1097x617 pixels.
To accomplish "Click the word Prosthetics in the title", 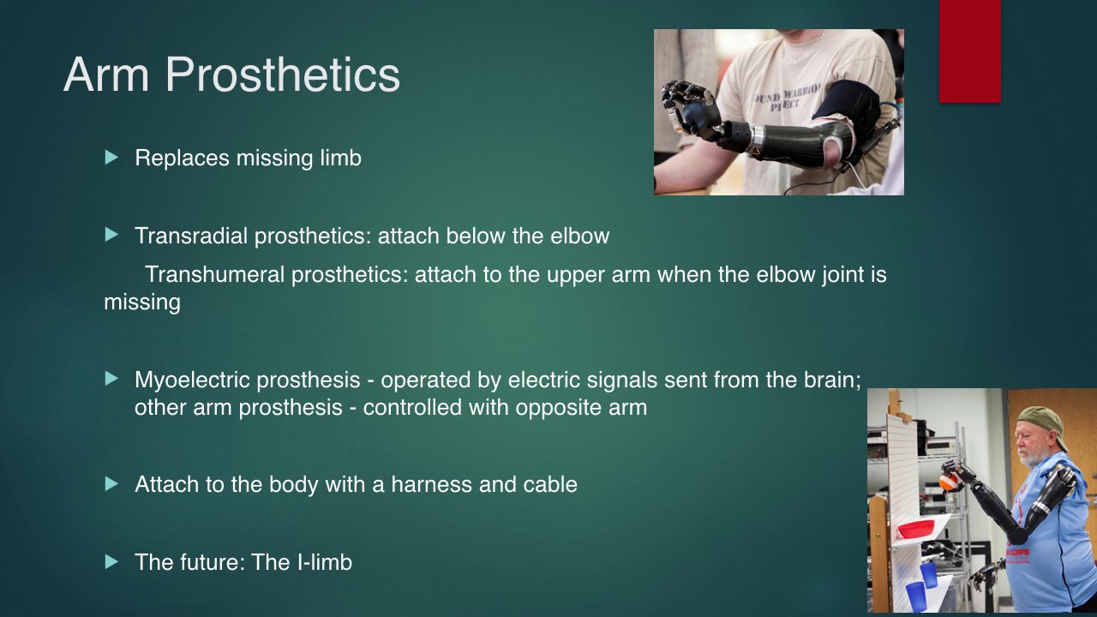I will coord(283,75).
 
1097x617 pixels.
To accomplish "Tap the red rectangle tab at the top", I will coord(969,51).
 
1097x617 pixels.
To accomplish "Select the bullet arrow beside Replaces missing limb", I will coord(111,158).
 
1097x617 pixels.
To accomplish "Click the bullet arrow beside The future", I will coord(111,561).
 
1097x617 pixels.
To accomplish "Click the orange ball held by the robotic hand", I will coord(947,482).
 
